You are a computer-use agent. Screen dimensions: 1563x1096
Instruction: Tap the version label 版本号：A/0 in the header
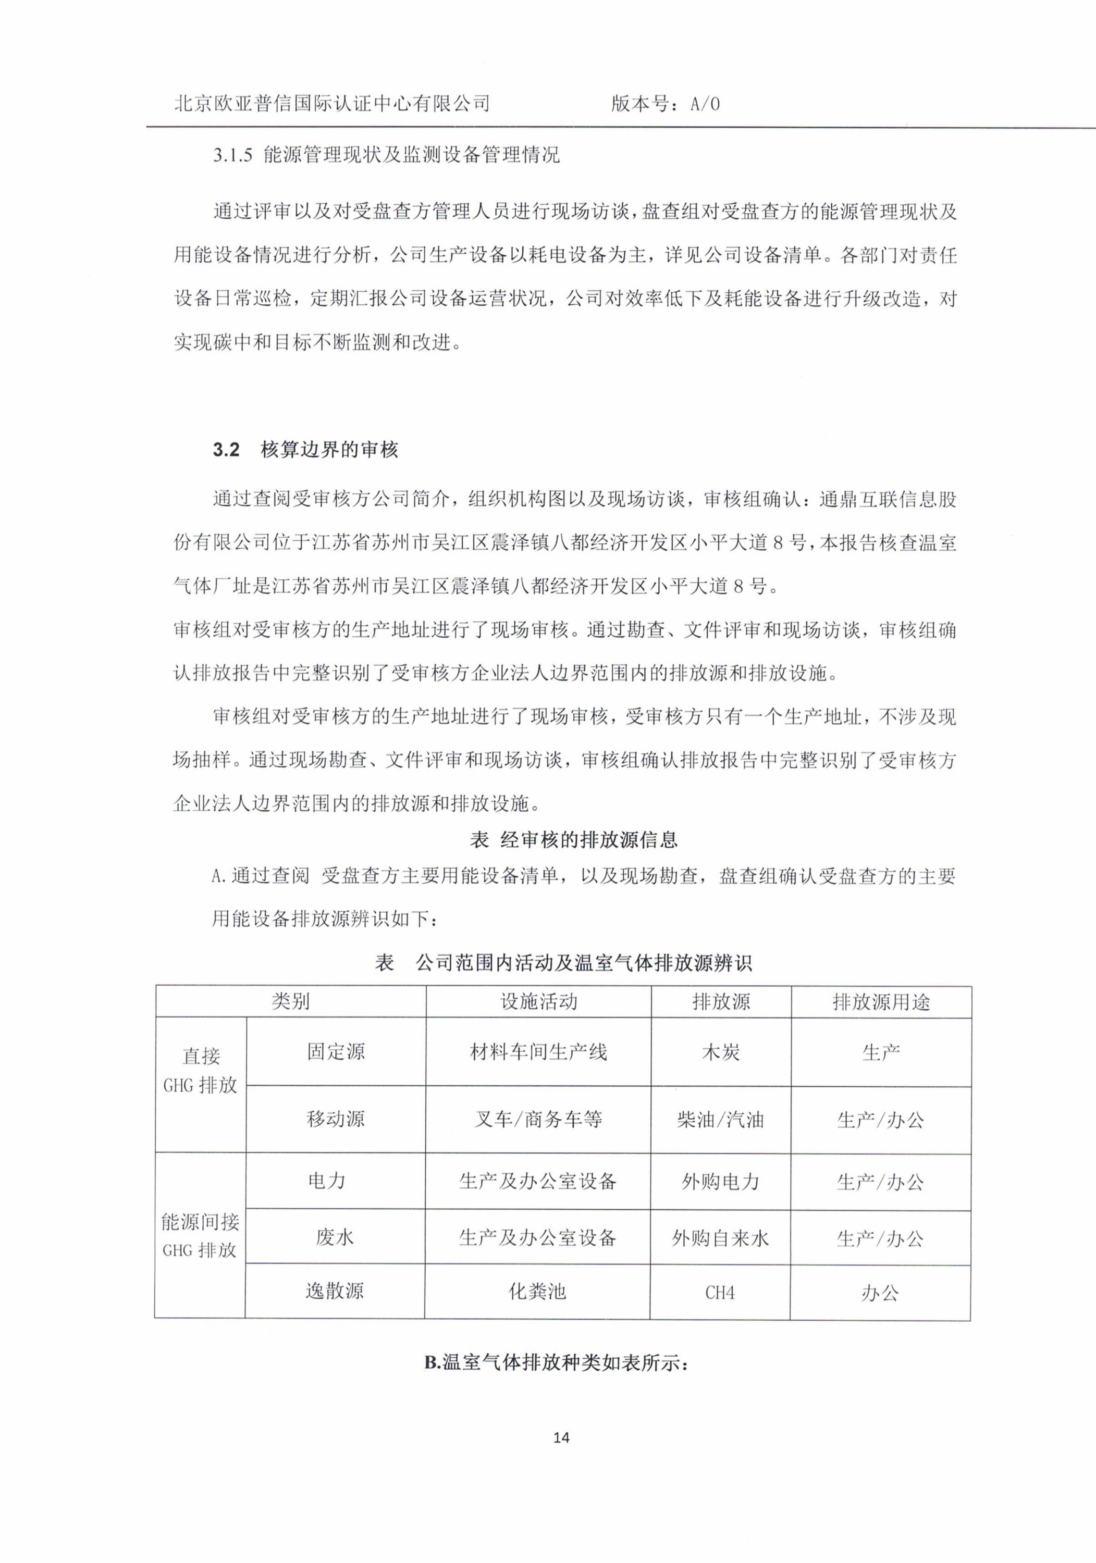[x=665, y=104]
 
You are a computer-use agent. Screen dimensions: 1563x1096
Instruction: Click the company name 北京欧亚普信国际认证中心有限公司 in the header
[x=333, y=104]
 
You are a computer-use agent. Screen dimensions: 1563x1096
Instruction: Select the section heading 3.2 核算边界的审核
[x=305, y=449]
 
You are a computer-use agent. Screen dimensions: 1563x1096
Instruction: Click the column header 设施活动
[x=538, y=1001]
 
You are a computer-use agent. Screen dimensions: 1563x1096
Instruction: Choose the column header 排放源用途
[x=881, y=1002]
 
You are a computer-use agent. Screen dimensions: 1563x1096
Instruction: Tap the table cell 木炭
[x=721, y=1052]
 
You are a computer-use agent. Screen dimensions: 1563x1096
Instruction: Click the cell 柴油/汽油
[x=721, y=1120]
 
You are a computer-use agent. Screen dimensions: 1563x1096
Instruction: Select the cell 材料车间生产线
[x=538, y=1052]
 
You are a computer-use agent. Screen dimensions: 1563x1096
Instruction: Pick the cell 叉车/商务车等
[x=538, y=1120]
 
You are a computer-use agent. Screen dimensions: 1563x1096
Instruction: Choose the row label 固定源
[x=336, y=1052]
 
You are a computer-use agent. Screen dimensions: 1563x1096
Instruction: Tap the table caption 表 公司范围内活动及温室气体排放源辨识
[x=563, y=963]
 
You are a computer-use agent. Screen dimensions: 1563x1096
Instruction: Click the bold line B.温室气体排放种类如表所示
[x=557, y=1363]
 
